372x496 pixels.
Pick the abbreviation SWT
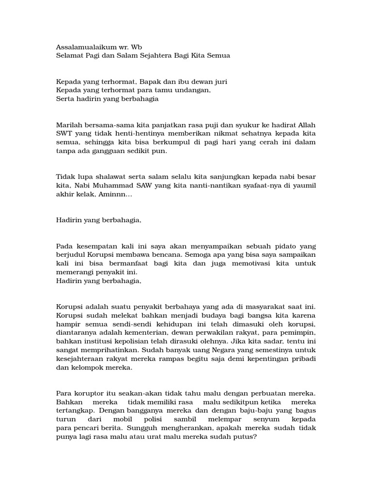(x=64, y=134)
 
